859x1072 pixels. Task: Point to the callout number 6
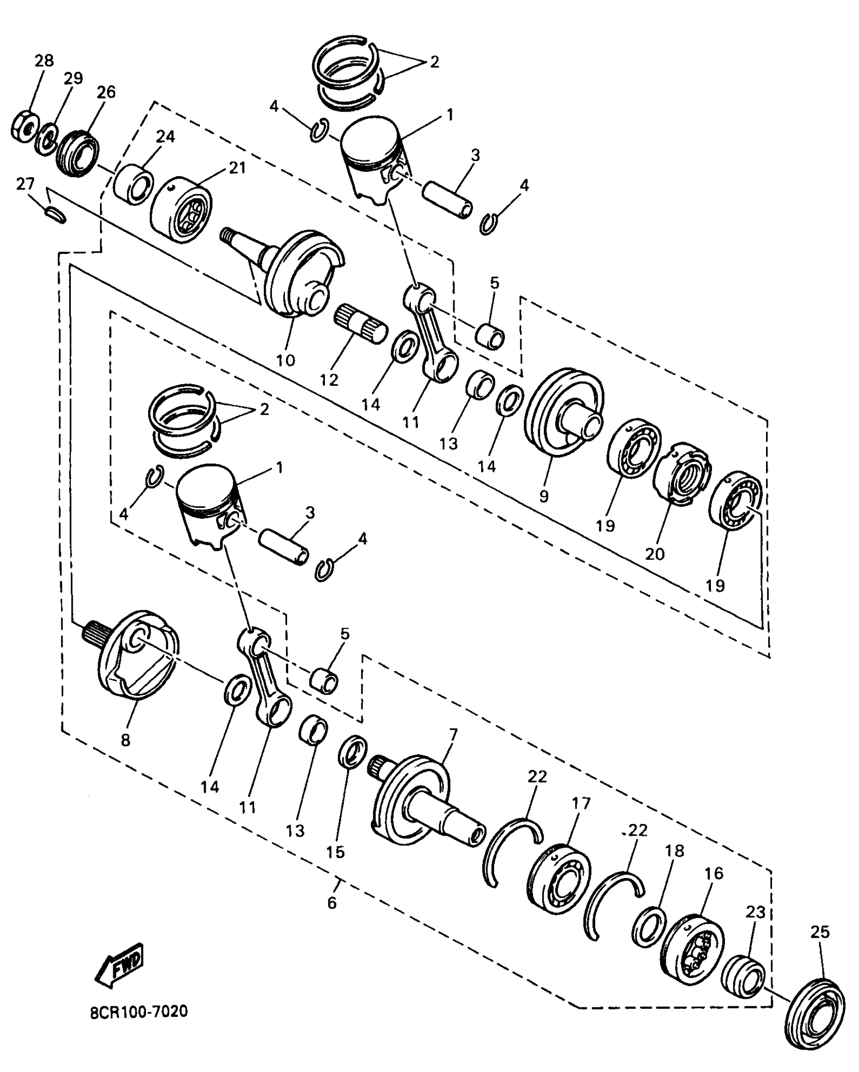(x=331, y=902)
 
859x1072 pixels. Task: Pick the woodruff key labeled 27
(x=56, y=215)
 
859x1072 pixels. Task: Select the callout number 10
(x=285, y=360)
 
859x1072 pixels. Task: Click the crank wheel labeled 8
(x=135, y=656)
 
